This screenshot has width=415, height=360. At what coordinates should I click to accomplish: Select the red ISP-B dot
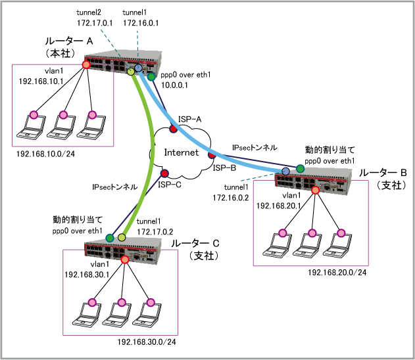(212, 156)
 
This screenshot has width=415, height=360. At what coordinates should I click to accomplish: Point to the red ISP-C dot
(164, 174)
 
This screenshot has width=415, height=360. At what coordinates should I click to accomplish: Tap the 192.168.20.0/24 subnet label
(336, 272)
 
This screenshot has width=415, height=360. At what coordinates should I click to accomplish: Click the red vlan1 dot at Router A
(86, 65)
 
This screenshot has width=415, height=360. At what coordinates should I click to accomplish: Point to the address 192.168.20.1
(278, 206)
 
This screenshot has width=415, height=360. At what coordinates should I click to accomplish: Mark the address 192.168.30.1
(85, 274)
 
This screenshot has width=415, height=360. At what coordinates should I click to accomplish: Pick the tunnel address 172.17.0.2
(155, 231)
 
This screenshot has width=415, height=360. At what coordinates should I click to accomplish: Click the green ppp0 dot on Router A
(151, 77)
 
